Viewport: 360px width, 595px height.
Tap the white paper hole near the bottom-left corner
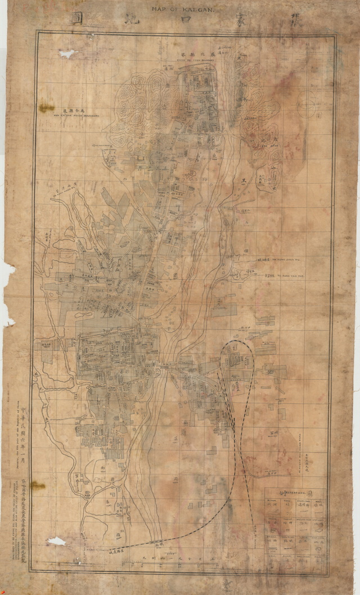pyautogui.click(x=56, y=541)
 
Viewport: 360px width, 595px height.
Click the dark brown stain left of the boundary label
pyautogui.click(x=46, y=108)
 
